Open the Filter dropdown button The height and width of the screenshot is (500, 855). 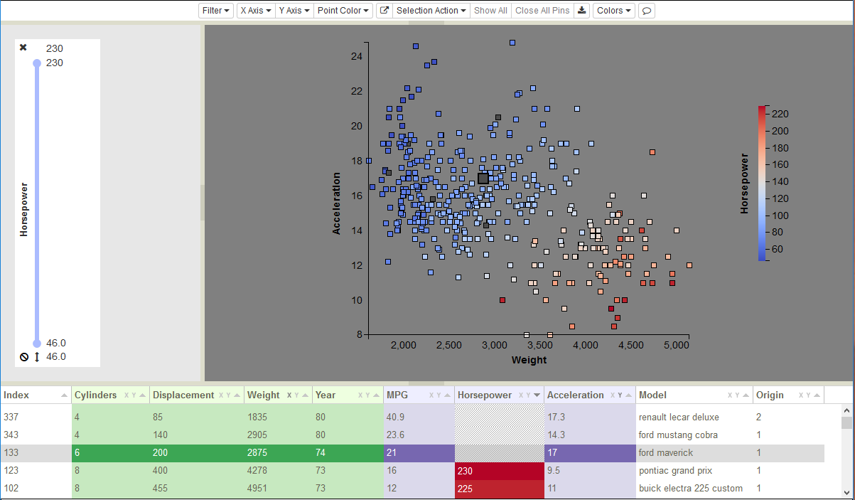(215, 11)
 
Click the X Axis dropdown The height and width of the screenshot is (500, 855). (256, 11)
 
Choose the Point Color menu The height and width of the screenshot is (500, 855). (343, 11)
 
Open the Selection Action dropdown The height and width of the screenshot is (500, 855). (431, 11)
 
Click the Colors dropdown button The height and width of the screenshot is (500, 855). (613, 11)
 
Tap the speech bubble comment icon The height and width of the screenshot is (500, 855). (647, 11)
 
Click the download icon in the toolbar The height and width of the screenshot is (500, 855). (581, 11)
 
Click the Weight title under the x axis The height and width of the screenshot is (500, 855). (529, 360)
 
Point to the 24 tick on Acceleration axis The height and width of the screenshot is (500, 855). (357, 56)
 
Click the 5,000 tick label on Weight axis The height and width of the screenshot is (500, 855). (676, 345)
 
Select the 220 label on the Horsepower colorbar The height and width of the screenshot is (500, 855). (780, 114)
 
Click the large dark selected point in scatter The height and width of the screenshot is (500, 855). (483, 179)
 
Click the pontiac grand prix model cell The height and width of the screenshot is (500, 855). (675, 471)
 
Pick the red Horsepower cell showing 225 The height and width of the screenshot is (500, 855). (499, 489)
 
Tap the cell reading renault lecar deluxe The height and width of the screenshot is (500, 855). (679, 417)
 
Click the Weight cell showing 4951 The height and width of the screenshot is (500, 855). (257, 488)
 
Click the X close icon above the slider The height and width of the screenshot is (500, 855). (23, 48)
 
